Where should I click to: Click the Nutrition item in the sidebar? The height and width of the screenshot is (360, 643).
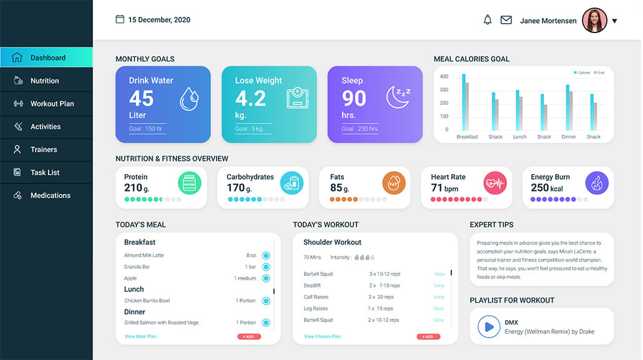pyautogui.click(x=44, y=80)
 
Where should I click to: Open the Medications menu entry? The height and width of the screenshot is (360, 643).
pyautogui.click(x=50, y=195)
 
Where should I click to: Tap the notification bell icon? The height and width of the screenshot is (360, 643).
pyautogui.click(x=488, y=20)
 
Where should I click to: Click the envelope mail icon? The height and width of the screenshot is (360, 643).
pyautogui.click(x=506, y=20)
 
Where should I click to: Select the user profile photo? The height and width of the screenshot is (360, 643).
pyautogui.click(x=594, y=21)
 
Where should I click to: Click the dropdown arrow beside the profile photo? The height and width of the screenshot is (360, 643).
pyautogui.click(x=614, y=21)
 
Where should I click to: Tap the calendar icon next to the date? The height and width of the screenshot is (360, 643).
pyautogui.click(x=120, y=19)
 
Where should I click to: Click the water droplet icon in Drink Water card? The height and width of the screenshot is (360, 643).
pyautogui.click(x=189, y=99)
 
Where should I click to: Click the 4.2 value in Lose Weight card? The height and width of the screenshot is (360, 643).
pyautogui.click(x=250, y=99)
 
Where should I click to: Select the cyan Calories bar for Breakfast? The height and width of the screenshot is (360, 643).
pyautogui.click(x=463, y=102)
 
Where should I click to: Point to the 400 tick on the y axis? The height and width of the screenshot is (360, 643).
pyautogui.click(x=444, y=77)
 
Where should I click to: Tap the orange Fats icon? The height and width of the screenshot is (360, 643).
pyautogui.click(x=394, y=183)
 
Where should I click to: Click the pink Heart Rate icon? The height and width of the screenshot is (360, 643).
pyautogui.click(x=495, y=183)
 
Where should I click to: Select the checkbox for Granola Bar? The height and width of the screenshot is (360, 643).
pyautogui.click(x=266, y=267)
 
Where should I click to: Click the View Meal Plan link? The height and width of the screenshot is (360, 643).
pyautogui.click(x=140, y=336)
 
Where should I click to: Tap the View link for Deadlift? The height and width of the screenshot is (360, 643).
pyautogui.click(x=439, y=286)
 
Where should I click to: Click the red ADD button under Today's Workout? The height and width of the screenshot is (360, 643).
pyautogui.click(x=428, y=337)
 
